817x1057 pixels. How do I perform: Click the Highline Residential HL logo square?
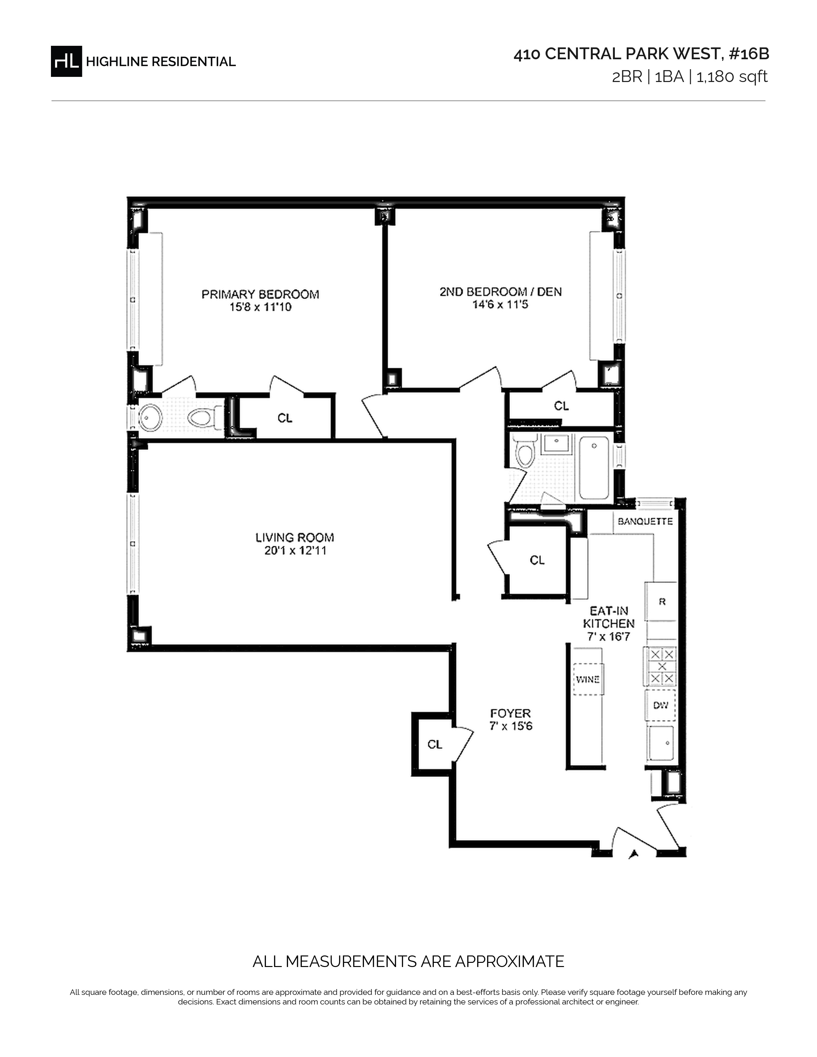pyautogui.click(x=66, y=61)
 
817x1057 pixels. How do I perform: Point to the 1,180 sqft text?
pyautogui.click(x=732, y=77)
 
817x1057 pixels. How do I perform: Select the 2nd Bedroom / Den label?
pyautogui.click(x=500, y=292)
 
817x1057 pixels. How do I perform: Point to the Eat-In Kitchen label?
pyautogui.click(x=608, y=618)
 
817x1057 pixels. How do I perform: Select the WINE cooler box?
pyautogui.click(x=588, y=679)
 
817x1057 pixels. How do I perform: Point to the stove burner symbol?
pyautogui.click(x=661, y=667)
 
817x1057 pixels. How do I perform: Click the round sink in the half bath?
pyautogui.click(x=151, y=418)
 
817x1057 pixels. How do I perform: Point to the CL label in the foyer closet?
pyautogui.click(x=435, y=744)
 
